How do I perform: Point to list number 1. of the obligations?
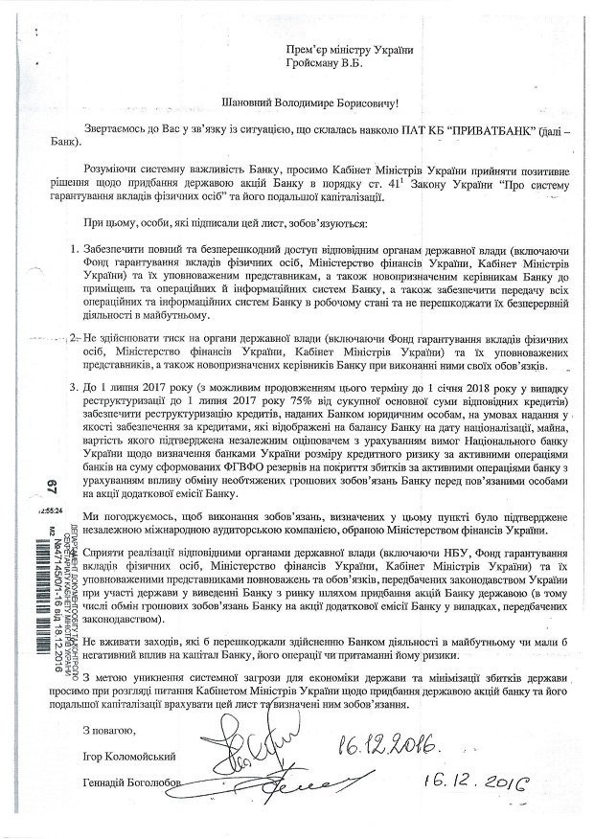click(x=77, y=249)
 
